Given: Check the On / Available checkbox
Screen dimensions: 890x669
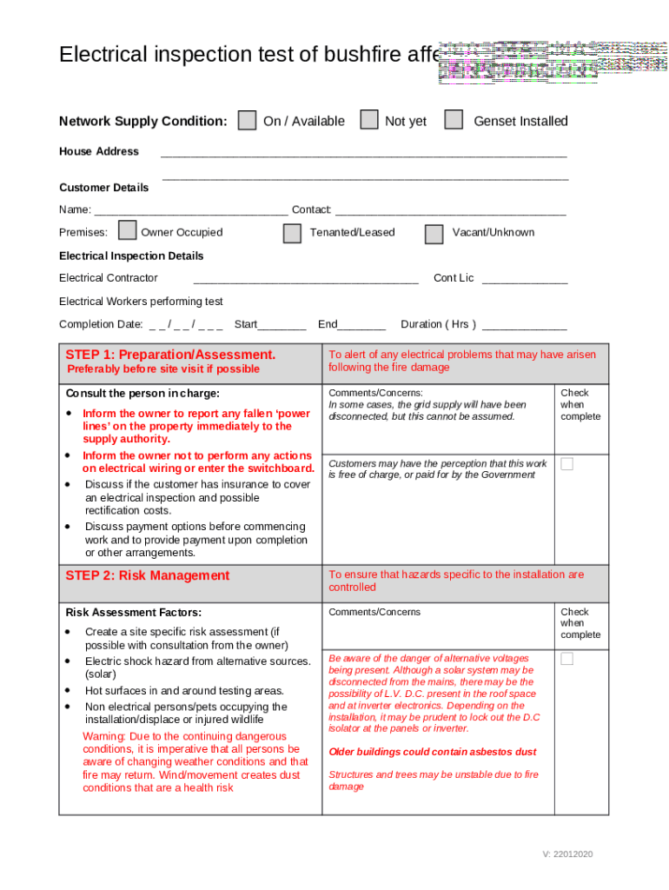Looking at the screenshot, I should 248,120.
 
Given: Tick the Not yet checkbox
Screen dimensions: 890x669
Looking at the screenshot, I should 369,120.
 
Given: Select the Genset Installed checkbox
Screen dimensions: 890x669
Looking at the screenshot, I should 454,120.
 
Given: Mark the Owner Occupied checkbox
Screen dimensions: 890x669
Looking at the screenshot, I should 128,230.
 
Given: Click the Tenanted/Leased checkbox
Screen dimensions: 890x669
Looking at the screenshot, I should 293,233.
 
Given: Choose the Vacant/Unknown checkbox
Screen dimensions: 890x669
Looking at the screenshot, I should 434,234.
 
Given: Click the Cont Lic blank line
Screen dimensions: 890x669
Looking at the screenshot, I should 524,280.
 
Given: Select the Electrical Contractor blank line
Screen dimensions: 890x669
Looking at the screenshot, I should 306,280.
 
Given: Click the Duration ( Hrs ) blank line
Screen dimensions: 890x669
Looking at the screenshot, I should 524,326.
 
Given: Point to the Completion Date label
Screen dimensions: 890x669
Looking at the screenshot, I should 100,324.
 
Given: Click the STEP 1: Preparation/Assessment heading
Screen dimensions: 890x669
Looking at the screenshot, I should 171,355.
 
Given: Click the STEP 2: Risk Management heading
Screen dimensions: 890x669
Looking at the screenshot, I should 148,575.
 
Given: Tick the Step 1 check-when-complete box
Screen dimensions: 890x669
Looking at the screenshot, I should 566,464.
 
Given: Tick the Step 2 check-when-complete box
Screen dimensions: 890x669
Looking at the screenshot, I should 566,659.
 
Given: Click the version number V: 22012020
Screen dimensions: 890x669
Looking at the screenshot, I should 567,854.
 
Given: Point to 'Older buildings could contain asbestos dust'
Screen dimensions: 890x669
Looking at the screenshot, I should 433,752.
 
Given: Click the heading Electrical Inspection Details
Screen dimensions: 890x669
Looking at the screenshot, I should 131,256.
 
